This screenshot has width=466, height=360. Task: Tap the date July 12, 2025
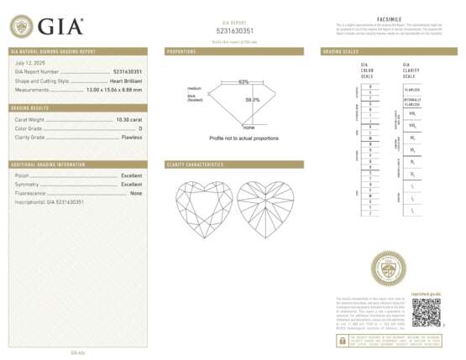[x=30, y=64]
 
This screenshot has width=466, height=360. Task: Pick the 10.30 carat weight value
[x=129, y=120]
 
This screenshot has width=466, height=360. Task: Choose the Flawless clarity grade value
[x=132, y=136]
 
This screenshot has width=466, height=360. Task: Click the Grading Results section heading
[x=29, y=108]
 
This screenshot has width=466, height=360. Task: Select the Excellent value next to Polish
[x=131, y=175]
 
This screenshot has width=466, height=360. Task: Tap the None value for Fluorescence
[x=136, y=193]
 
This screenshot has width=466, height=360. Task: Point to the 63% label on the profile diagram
[x=243, y=81]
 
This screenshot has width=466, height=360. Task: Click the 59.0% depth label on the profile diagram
[x=252, y=100]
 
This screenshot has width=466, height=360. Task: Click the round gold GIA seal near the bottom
[x=387, y=269]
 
